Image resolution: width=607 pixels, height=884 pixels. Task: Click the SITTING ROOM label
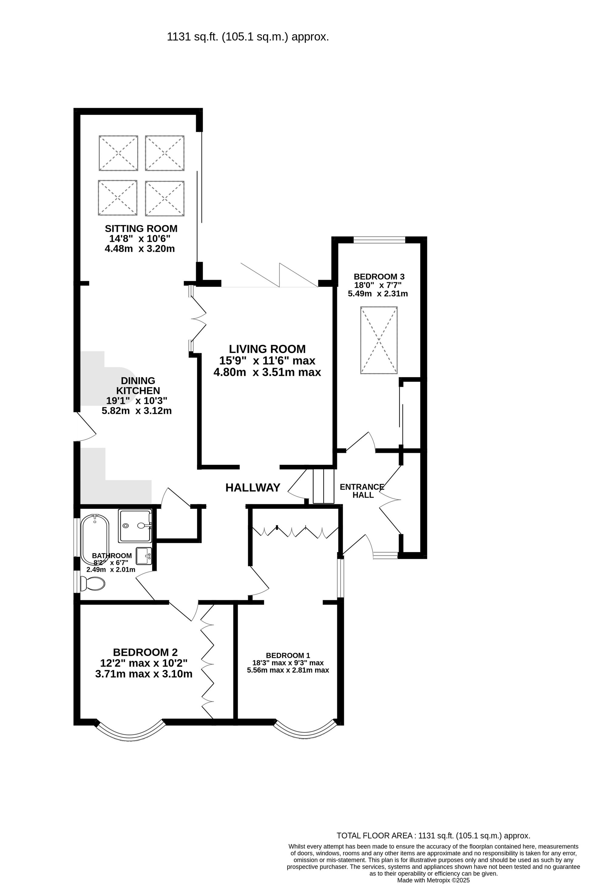click(x=141, y=229)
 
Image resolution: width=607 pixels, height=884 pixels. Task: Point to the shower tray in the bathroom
click(x=135, y=526)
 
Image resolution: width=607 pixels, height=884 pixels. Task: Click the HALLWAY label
click(x=253, y=488)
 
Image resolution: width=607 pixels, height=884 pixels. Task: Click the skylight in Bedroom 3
click(x=379, y=340)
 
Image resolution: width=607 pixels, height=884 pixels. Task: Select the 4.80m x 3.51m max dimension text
click(x=267, y=372)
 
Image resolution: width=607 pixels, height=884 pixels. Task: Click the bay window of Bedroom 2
click(x=129, y=732)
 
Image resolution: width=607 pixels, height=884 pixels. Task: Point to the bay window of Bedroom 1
click(x=306, y=730)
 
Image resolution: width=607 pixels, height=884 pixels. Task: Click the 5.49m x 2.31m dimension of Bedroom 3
click(x=378, y=294)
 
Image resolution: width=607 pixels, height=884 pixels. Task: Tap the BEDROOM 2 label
click(x=145, y=652)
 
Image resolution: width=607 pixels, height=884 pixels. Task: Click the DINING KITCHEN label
click(x=138, y=386)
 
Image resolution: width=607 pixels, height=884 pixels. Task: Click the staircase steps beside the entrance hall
click(x=323, y=486)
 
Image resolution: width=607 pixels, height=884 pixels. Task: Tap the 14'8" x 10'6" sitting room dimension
click(x=140, y=239)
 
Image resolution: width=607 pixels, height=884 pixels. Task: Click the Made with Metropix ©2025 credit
click(x=433, y=880)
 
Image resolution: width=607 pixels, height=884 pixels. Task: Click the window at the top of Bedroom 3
click(x=379, y=240)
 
